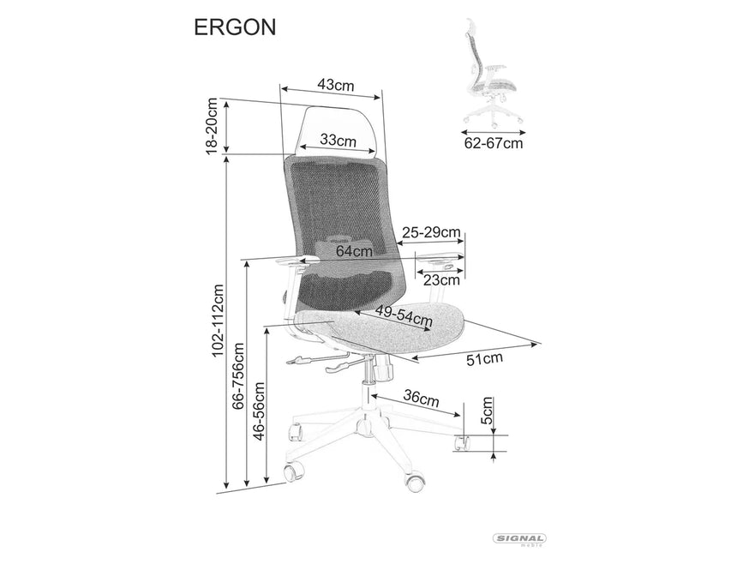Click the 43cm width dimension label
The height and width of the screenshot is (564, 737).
pos(336,84)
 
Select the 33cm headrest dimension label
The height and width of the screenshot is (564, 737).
pos(339,140)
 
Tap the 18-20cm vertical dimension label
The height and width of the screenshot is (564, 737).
pos(212,127)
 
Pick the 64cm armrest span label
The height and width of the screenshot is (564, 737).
pos(354,251)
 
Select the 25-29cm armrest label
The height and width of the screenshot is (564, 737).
pos(431,232)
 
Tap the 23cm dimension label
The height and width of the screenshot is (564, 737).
pos(442,279)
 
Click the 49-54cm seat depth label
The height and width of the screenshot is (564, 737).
pos(403,317)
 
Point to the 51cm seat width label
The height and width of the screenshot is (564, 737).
pos(484,358)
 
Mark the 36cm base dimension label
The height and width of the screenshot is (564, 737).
pos(421,399)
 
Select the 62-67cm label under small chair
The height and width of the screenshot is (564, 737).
pos(493,143)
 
